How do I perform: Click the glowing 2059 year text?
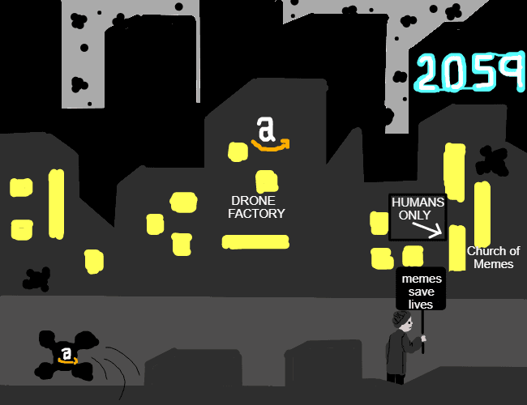pos(470,72)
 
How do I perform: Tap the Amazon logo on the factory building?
pos(270,134)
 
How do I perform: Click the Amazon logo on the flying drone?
pos(67,356)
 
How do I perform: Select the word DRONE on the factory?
pos(254,201)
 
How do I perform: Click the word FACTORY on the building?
pos(256,214)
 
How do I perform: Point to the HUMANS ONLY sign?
pos(418,217)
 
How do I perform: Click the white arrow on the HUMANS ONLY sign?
pos(427,230)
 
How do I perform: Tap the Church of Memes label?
pos(494,258)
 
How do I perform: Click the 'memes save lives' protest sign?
pos(421,289)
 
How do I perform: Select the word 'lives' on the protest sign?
pos(421,305)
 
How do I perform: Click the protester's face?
pos(408,325)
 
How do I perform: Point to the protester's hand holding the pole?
pos(423,338)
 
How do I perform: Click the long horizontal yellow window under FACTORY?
pos(255,242)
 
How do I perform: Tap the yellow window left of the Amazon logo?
pos(238,151)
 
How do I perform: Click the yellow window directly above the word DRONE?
pos(267,181)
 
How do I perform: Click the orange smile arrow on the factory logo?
pos(271,146)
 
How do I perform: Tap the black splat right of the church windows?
pos(493,160)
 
